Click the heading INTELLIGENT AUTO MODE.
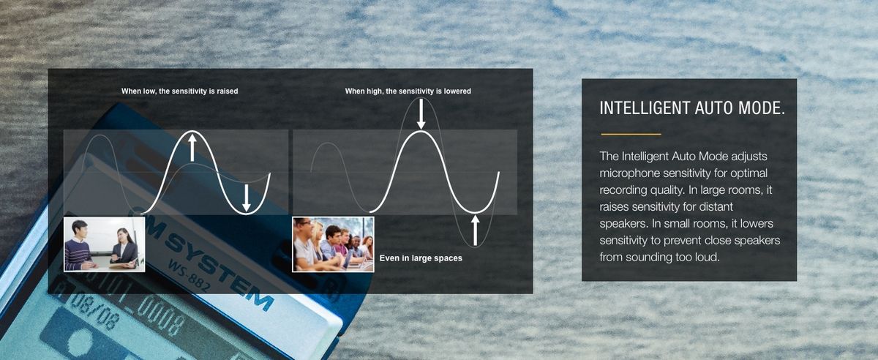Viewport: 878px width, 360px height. (692, 108)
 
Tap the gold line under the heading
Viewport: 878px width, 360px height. (631, 134)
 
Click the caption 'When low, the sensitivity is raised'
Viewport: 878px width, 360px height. (179, 91)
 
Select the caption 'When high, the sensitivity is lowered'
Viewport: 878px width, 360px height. (408, 91)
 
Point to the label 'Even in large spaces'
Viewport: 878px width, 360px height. (421, 258)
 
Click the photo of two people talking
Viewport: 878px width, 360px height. (104, 244)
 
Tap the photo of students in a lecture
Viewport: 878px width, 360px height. (333, 244)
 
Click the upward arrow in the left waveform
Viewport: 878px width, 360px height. (192, 148)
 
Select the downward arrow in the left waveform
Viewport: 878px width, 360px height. (246, 198)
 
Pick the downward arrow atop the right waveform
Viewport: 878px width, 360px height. (421, 113)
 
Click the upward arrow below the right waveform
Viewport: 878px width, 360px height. (475, 230)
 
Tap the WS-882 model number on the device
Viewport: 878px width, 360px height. (190, 277)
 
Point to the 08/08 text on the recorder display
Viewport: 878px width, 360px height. (95, 312)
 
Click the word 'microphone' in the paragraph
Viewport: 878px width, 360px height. (630, 173)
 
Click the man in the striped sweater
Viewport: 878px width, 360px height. (80, 247)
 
